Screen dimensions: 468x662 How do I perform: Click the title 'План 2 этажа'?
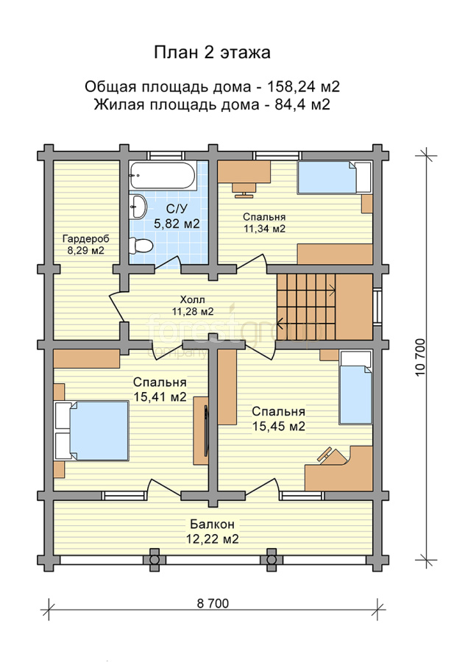click(212, 53)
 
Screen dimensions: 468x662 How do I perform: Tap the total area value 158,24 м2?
click(303, 87)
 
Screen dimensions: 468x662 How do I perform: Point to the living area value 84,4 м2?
click(302, 104)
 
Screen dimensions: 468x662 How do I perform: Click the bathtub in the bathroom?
click(163, 176)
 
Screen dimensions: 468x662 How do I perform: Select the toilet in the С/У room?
click(141, 246)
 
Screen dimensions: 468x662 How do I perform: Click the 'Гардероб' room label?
click(86, 238)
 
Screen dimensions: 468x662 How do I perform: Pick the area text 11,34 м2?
click(264, 229)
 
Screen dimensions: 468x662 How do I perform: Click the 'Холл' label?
click(192, 300)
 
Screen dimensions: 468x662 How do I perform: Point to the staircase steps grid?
click(306, 307)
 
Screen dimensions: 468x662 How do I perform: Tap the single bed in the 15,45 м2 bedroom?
click(355, 388)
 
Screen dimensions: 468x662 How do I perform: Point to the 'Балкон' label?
click(212, 524)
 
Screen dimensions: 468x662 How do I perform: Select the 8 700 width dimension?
click(213, 603)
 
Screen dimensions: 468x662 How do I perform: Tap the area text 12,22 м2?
click(213, 538)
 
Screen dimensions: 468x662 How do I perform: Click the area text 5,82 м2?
click(177, 224)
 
